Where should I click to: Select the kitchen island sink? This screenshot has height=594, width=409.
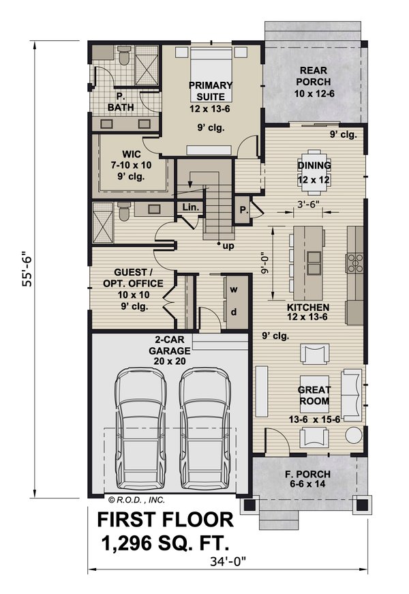click(314, 257)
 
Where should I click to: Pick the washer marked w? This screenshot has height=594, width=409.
click(233, 289)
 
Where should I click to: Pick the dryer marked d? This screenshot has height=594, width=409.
click(233, 312)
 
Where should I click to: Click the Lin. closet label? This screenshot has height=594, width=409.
click(189, 207)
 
